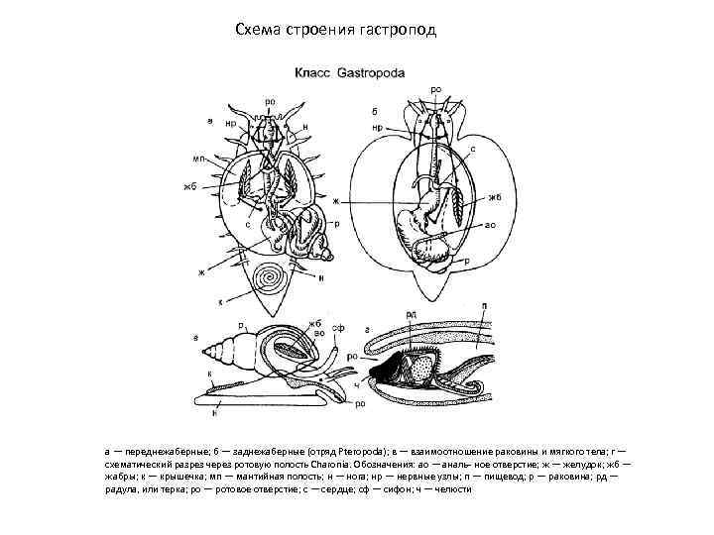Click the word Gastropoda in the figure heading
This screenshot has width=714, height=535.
(x=370, y=72)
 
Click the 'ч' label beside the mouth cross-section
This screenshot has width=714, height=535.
(x=355, y=384)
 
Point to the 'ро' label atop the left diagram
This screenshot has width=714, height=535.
(x=270, y=99)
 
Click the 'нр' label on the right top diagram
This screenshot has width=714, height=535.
(x=378, y=127)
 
